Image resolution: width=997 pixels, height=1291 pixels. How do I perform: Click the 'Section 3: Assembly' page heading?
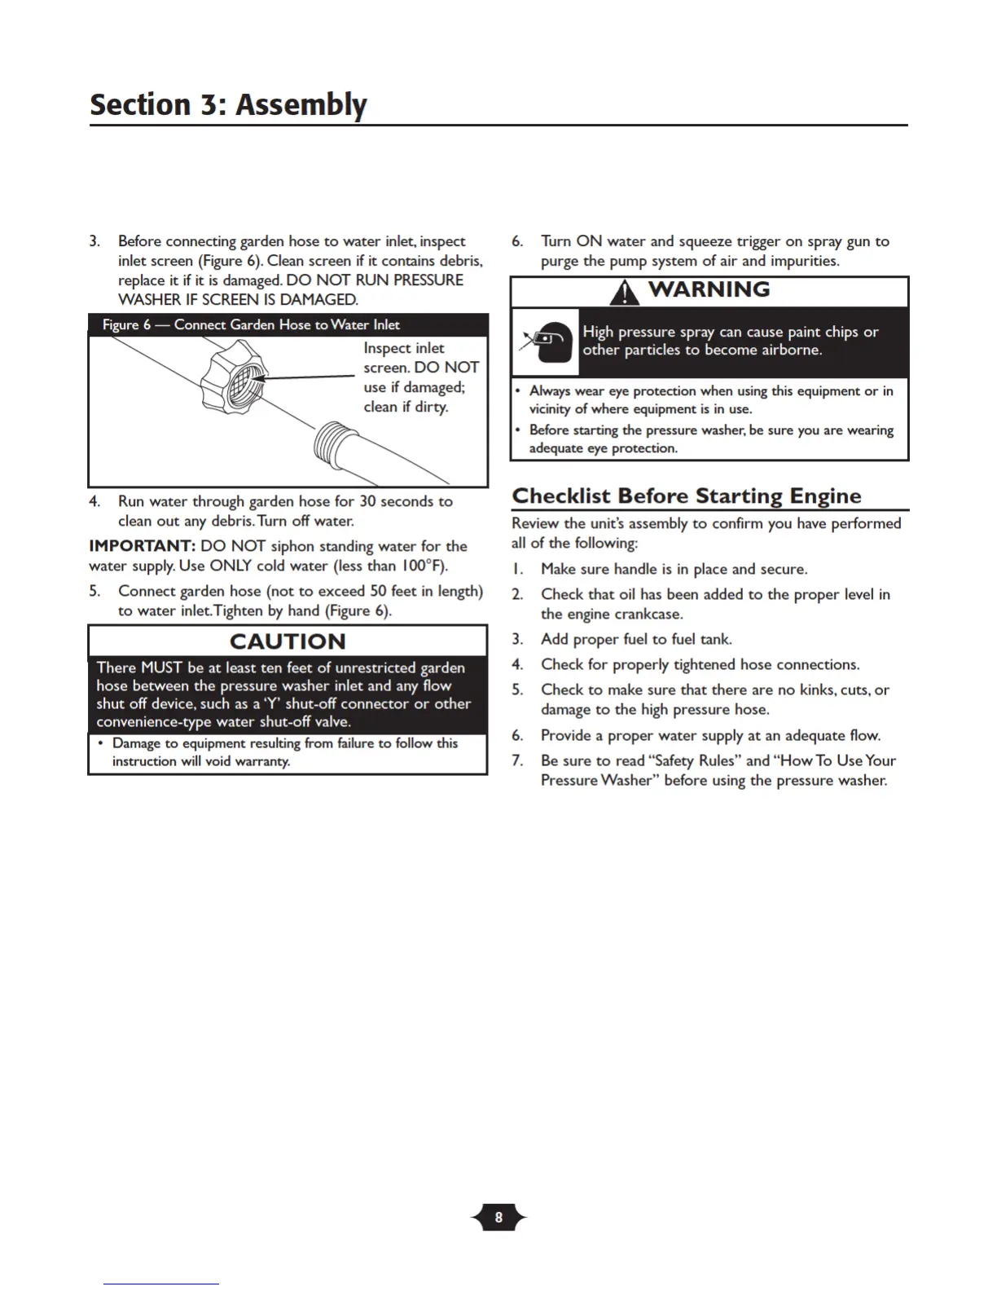tap(228, 105)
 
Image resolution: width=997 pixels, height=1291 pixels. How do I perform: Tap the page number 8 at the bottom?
tap(498, 1218)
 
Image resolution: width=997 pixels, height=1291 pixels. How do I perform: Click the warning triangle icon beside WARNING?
tap(625, 292)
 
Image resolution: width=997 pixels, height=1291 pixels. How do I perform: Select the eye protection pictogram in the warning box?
tap(545, 341)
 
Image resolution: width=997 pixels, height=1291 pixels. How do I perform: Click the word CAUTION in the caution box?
tap(288, 641)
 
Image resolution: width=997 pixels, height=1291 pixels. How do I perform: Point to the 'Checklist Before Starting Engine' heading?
tap(686, 496)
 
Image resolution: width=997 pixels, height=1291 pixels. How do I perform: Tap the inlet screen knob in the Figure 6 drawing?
tap(235, 383)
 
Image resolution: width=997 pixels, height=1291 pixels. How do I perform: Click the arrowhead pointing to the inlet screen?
tap(267, 378)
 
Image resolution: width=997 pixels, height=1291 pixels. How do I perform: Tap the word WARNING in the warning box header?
tap(709, 290)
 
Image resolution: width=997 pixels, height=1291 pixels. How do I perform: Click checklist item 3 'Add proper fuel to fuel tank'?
tap(635, 639)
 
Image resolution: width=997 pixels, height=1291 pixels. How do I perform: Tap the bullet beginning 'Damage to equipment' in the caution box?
tap(284, 751)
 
